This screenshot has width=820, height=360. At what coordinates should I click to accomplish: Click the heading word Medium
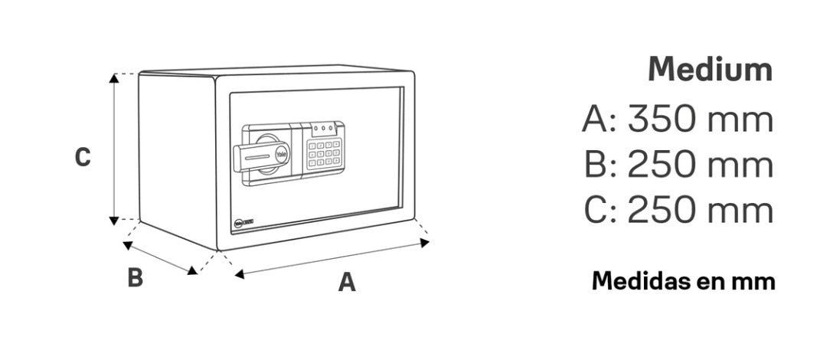point(710,70)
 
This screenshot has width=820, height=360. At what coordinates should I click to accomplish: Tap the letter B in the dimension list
point(595,165)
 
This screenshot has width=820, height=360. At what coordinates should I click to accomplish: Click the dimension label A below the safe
point(347,282)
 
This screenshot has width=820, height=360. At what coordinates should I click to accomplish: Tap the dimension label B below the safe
point(135,277)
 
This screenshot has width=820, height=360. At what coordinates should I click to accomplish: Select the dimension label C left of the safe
point(83,157)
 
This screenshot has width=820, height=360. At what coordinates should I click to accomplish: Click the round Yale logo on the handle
point(281,154)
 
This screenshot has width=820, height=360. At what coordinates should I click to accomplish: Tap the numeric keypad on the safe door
point(324,154)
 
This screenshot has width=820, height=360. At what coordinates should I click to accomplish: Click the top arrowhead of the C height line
point(114,78)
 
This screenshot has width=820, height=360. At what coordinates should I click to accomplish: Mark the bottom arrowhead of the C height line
point(114,221)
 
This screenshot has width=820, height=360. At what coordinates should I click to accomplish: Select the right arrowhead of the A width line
point(425,242)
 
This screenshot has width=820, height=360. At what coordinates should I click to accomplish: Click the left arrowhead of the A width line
point(240,273)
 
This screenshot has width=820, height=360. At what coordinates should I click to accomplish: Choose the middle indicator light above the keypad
point(323,127)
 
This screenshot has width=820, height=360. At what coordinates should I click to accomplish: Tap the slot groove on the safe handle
point(256,158)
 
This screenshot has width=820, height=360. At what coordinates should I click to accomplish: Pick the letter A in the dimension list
point(593,119)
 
